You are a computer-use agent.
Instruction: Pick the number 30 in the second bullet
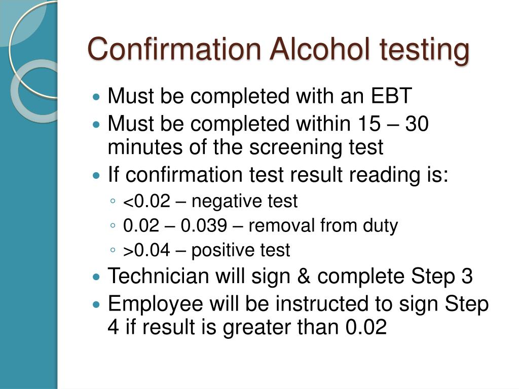point(417,123)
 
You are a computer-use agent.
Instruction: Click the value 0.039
point(204,226)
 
